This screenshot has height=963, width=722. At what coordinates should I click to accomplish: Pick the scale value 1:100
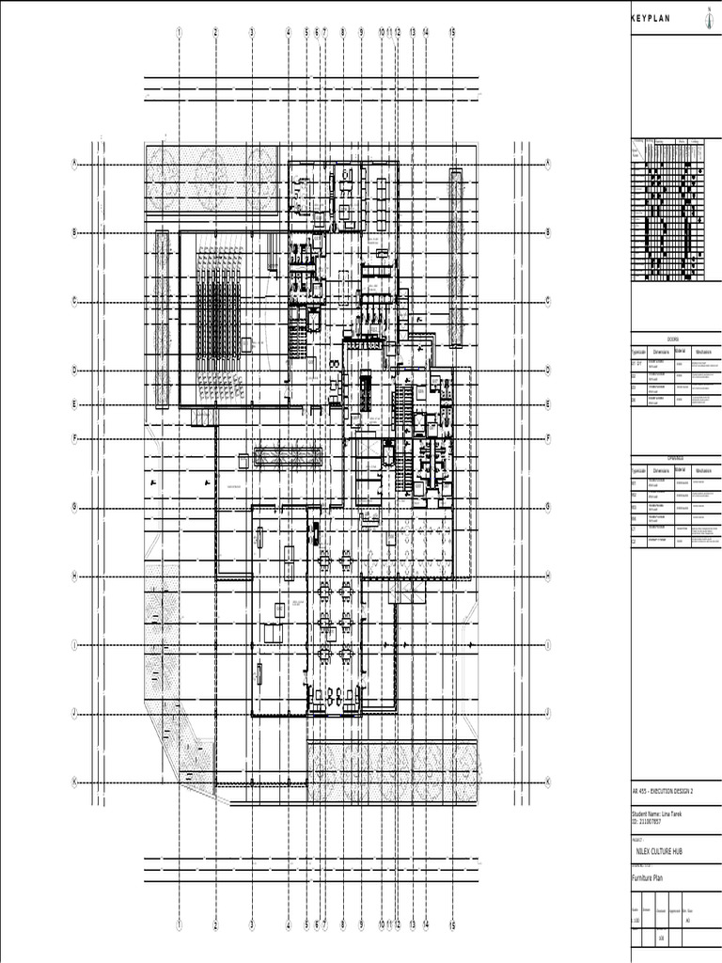coord(636,921)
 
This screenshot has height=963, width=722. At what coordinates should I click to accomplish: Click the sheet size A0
coord(688,921)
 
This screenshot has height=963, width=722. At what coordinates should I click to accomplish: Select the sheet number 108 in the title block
coord(662,938)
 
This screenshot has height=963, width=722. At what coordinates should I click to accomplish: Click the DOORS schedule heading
coord(673,339)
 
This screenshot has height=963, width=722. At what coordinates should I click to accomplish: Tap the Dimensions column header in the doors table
coord(661,352)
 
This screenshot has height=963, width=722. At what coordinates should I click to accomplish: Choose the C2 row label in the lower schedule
coord(635,543)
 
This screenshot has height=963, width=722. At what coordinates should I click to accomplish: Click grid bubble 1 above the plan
coord(179,32)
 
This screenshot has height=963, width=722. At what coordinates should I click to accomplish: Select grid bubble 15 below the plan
coord(452,925)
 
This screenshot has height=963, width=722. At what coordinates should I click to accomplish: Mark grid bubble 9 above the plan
coord(361,32)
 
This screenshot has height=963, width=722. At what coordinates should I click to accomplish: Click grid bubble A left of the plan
coord(73,164)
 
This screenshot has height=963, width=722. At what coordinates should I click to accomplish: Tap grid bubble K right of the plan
coord(547,782)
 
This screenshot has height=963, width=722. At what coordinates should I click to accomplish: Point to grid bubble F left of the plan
coord(73,438)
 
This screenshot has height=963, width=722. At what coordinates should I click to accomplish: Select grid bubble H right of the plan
coord(547,576)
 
